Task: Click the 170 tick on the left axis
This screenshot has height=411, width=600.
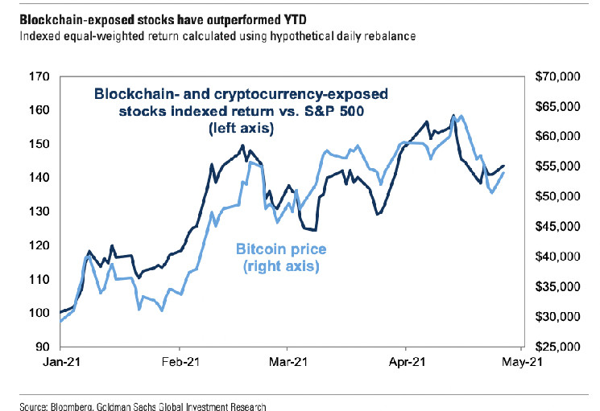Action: (x=42, y=76)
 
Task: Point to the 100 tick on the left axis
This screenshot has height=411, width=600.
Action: (x=42, y=313)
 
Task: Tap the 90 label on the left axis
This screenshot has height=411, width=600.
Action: (x=44, y=347)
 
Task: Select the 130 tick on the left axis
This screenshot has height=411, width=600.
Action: (x=42, y=212)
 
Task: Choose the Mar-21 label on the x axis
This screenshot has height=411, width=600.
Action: (x=289, y=363)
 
